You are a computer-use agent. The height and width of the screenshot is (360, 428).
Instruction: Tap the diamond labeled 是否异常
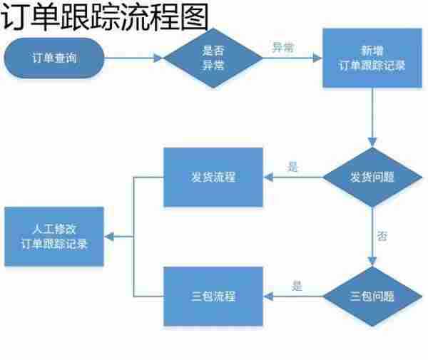click(213, 58)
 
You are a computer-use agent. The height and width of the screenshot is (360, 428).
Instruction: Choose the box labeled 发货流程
click(213, 177)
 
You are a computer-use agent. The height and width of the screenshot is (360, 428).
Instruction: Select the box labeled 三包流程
click(213, 296)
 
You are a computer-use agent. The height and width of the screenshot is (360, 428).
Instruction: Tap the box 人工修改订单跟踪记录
click(55, 237)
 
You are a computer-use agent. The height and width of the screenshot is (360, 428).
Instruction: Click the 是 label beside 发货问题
click(292, 168)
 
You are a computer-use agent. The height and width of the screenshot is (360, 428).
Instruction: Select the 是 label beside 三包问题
click(297, 287)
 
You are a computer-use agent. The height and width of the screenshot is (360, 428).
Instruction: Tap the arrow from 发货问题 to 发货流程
click(292, 178)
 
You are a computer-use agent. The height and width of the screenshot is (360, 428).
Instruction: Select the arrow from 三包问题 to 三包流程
click(292, 296)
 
